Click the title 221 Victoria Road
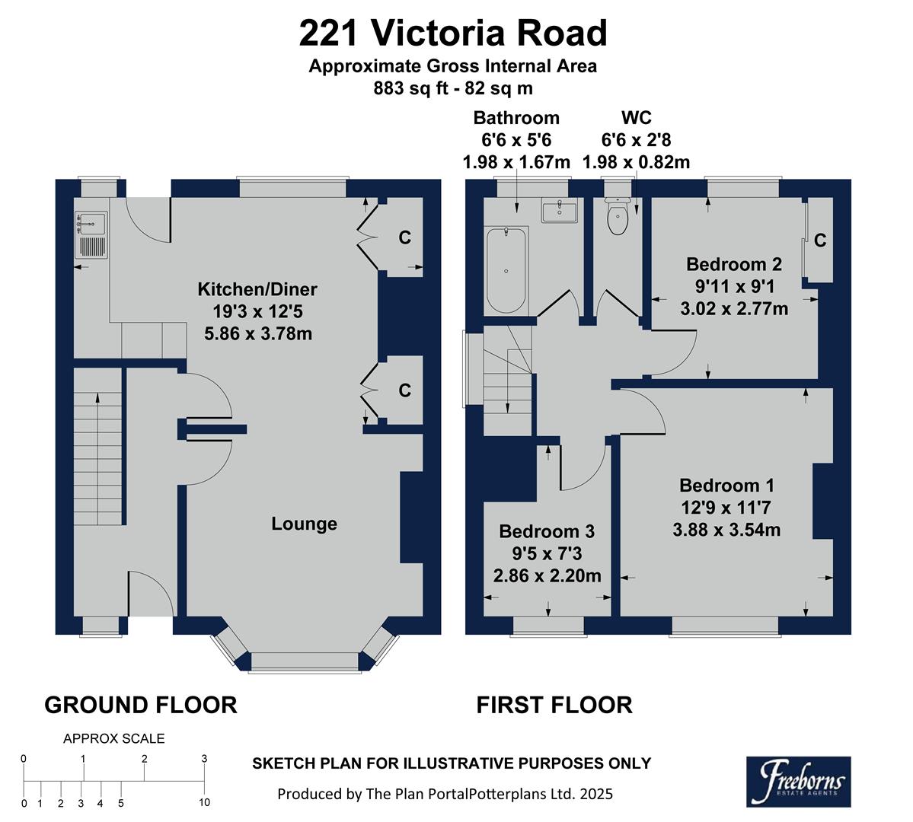click(453, 34)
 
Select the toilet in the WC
click(617, 218)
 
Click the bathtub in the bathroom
click(506, 269)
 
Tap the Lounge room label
click(305, 524)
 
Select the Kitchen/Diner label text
click(257, 289)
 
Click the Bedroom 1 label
click(726, 486)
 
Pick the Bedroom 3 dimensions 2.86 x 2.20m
click(547, 575)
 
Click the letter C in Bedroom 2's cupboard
click(820, 241)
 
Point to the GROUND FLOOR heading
click(141, 705)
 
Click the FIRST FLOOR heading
click(554, 705)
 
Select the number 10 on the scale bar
click(204, 802)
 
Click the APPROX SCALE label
click(113, 738)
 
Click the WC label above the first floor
click(636, 118)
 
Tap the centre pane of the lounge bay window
click(305, 661)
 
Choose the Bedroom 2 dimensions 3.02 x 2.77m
click(733, 309)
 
